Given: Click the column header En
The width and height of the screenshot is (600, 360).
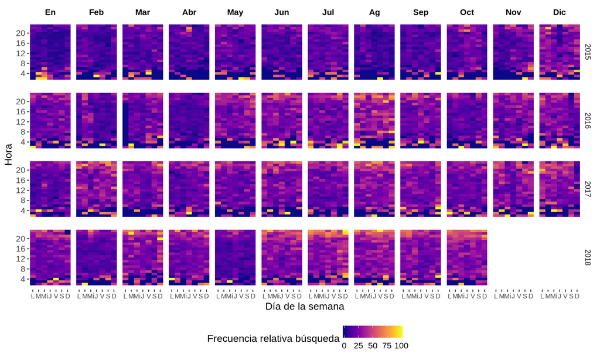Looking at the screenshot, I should click(x=50, y=12).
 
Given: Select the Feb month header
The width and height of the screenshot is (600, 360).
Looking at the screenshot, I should click(x=97, y=12).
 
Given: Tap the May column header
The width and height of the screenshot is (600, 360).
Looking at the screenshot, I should click(x=235, y=12).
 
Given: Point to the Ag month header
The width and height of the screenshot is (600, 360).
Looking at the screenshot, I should click(x=374, y=12).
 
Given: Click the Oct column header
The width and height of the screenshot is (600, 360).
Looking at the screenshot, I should click(x=467, y=12).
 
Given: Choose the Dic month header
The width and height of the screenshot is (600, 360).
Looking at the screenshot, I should click(x=560, y=12).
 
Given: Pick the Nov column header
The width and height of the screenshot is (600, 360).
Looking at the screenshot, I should click(x=513, y=12).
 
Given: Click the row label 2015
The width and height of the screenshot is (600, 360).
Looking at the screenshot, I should click(x=588, y=52).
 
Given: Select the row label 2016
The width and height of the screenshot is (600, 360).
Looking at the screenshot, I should click(x=588, y=120).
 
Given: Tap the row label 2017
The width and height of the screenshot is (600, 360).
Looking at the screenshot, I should click(x=588, y=189).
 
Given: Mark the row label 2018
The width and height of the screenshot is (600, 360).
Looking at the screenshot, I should click(x=588, y=257).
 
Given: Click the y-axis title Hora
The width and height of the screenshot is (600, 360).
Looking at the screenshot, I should click(x=9, y=155).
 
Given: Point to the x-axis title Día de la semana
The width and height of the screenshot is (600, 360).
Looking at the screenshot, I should click(x=304, y=306).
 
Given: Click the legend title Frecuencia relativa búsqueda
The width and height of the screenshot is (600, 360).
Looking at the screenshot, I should click(x=273, y=339).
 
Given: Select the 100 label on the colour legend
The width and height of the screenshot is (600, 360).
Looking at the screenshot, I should click(x=401, y=346).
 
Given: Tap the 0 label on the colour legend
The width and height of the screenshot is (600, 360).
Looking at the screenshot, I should click(x=344, y=346).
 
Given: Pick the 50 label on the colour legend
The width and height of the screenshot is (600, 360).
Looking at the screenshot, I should click(x=372, y=346).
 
